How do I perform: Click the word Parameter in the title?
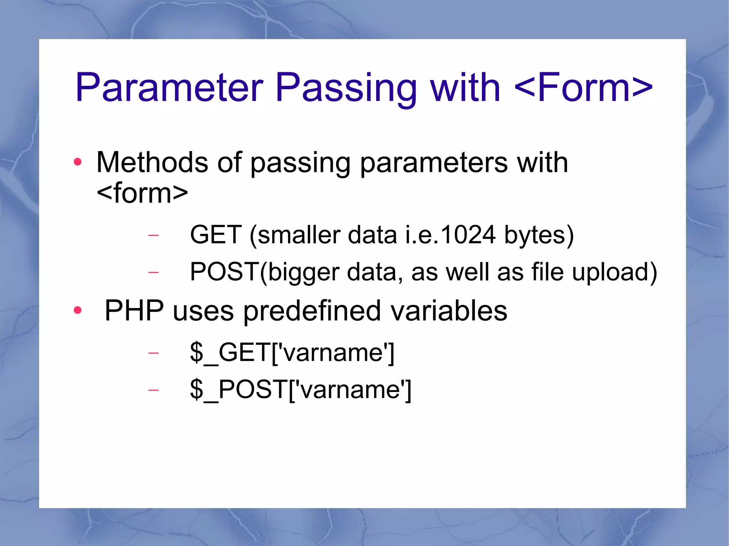[x=169, y=88]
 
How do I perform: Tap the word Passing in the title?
[x=346, y=88]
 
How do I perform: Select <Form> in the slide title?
[x=584, y=88]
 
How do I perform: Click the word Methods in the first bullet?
[x=152, y=163]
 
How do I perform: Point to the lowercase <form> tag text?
[x=142, y=193]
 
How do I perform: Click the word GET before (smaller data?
[x=216, y=235]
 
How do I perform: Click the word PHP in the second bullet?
[x=134, y=311]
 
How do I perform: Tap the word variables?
[x=449, y=311]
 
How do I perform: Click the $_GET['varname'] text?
[x=292, y=353]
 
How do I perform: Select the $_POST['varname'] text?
[x=300, y=390]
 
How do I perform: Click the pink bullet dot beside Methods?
[x=77, y=163]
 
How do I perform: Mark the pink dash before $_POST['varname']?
[x=153, y=390]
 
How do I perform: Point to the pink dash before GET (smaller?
[x=153, y=235]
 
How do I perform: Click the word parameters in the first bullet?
[x=434, y=163]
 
